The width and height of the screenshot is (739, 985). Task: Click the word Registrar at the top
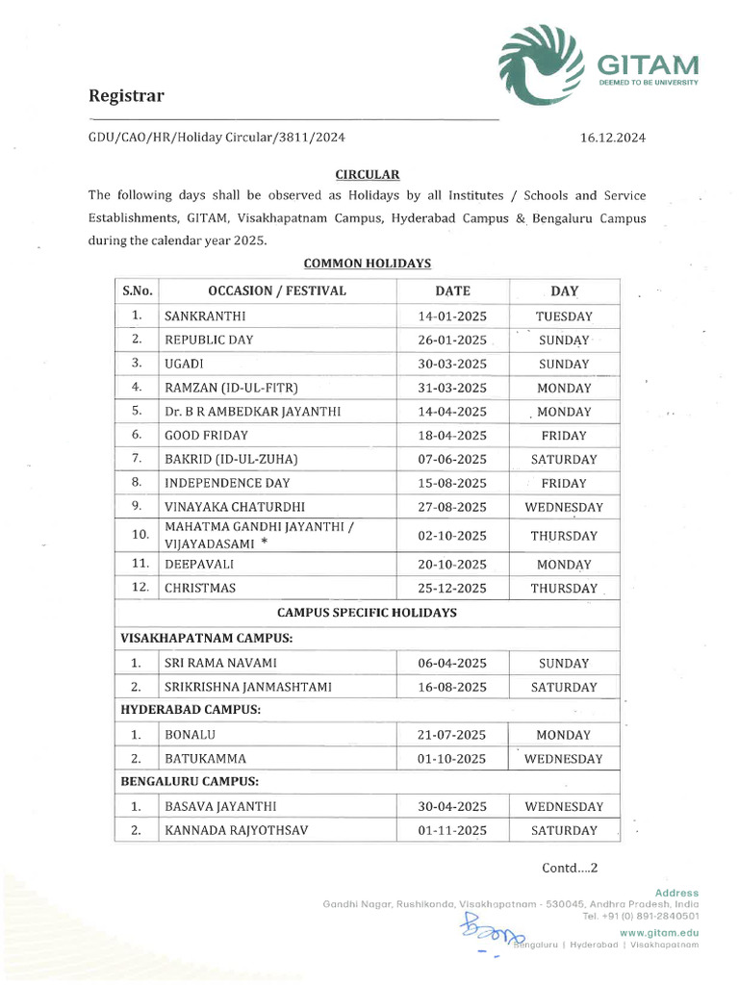(127, 95)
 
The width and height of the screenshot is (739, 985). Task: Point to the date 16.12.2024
(613, 138)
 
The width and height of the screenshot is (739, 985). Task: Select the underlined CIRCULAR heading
(367, 174)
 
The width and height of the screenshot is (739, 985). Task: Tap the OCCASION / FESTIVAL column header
(276, 290)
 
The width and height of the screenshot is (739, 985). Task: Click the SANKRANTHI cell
(205, 316)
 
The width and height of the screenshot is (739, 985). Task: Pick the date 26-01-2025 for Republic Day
(452, 340)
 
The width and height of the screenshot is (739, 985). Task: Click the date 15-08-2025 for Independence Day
(452, 483)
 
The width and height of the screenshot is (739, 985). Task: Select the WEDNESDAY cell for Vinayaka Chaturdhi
(564, 507)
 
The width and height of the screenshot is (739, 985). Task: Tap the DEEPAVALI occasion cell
(200, 565)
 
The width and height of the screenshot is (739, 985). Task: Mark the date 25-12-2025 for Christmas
(452, 588)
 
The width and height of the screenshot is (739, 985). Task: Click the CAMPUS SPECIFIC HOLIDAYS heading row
(367, 612)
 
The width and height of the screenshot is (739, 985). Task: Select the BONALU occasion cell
(190, 735)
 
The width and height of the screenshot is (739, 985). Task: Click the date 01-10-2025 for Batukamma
(452, 759)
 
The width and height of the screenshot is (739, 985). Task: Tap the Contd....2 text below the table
(570, 868)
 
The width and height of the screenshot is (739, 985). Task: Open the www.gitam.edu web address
(659, 932)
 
